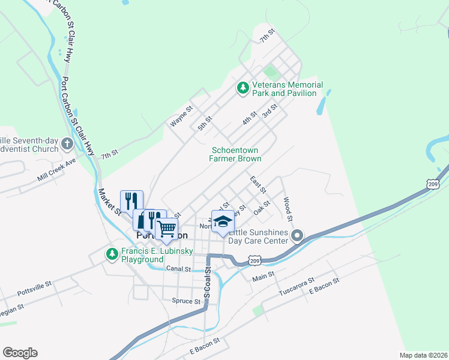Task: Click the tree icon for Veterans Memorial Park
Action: (x=243, y=88)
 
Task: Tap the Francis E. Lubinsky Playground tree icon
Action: (x=112, y=254)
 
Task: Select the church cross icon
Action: (x=67, y=144)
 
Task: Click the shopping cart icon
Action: (x=166, y=228)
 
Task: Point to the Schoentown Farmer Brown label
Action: (x=235, y=154)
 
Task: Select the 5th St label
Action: (x=205, y=124)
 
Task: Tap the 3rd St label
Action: (x=268, y=111)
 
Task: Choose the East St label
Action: (x=258, y=184)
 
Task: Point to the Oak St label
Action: (x=262, y=211)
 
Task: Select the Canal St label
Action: (x=178, y=269)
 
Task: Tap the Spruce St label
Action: (x=185, y=301)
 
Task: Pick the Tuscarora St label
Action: (x=297, y=289)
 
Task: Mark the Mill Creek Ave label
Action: (x=56, y=170)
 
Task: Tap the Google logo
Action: (x=20, y=352)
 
